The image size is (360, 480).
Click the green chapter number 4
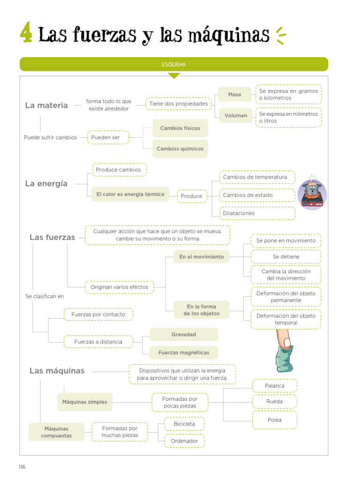click(26, 34)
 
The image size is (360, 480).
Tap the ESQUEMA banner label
click(173, 64)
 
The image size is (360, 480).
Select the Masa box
click(234, 95)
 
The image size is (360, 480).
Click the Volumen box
click(236, 115)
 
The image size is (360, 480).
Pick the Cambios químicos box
click(180, 149)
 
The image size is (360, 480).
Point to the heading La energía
click(46, 184)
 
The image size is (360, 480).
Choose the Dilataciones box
click(258, 213)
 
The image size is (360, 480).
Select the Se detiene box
click(286, 257)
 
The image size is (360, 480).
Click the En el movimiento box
click(202, 257)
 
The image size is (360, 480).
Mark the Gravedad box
click(184, 335)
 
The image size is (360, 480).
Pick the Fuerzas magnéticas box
click(184, 352)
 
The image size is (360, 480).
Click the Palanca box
click(275, 386)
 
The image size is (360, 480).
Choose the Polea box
click(275, 420)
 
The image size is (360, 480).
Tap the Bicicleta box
click(184, 424)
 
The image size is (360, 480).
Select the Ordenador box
click(184, 441)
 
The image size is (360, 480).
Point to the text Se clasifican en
click(45, 296)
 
